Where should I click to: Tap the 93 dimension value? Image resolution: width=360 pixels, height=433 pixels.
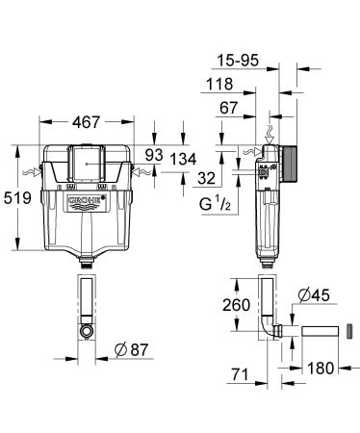click(155, 155)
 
